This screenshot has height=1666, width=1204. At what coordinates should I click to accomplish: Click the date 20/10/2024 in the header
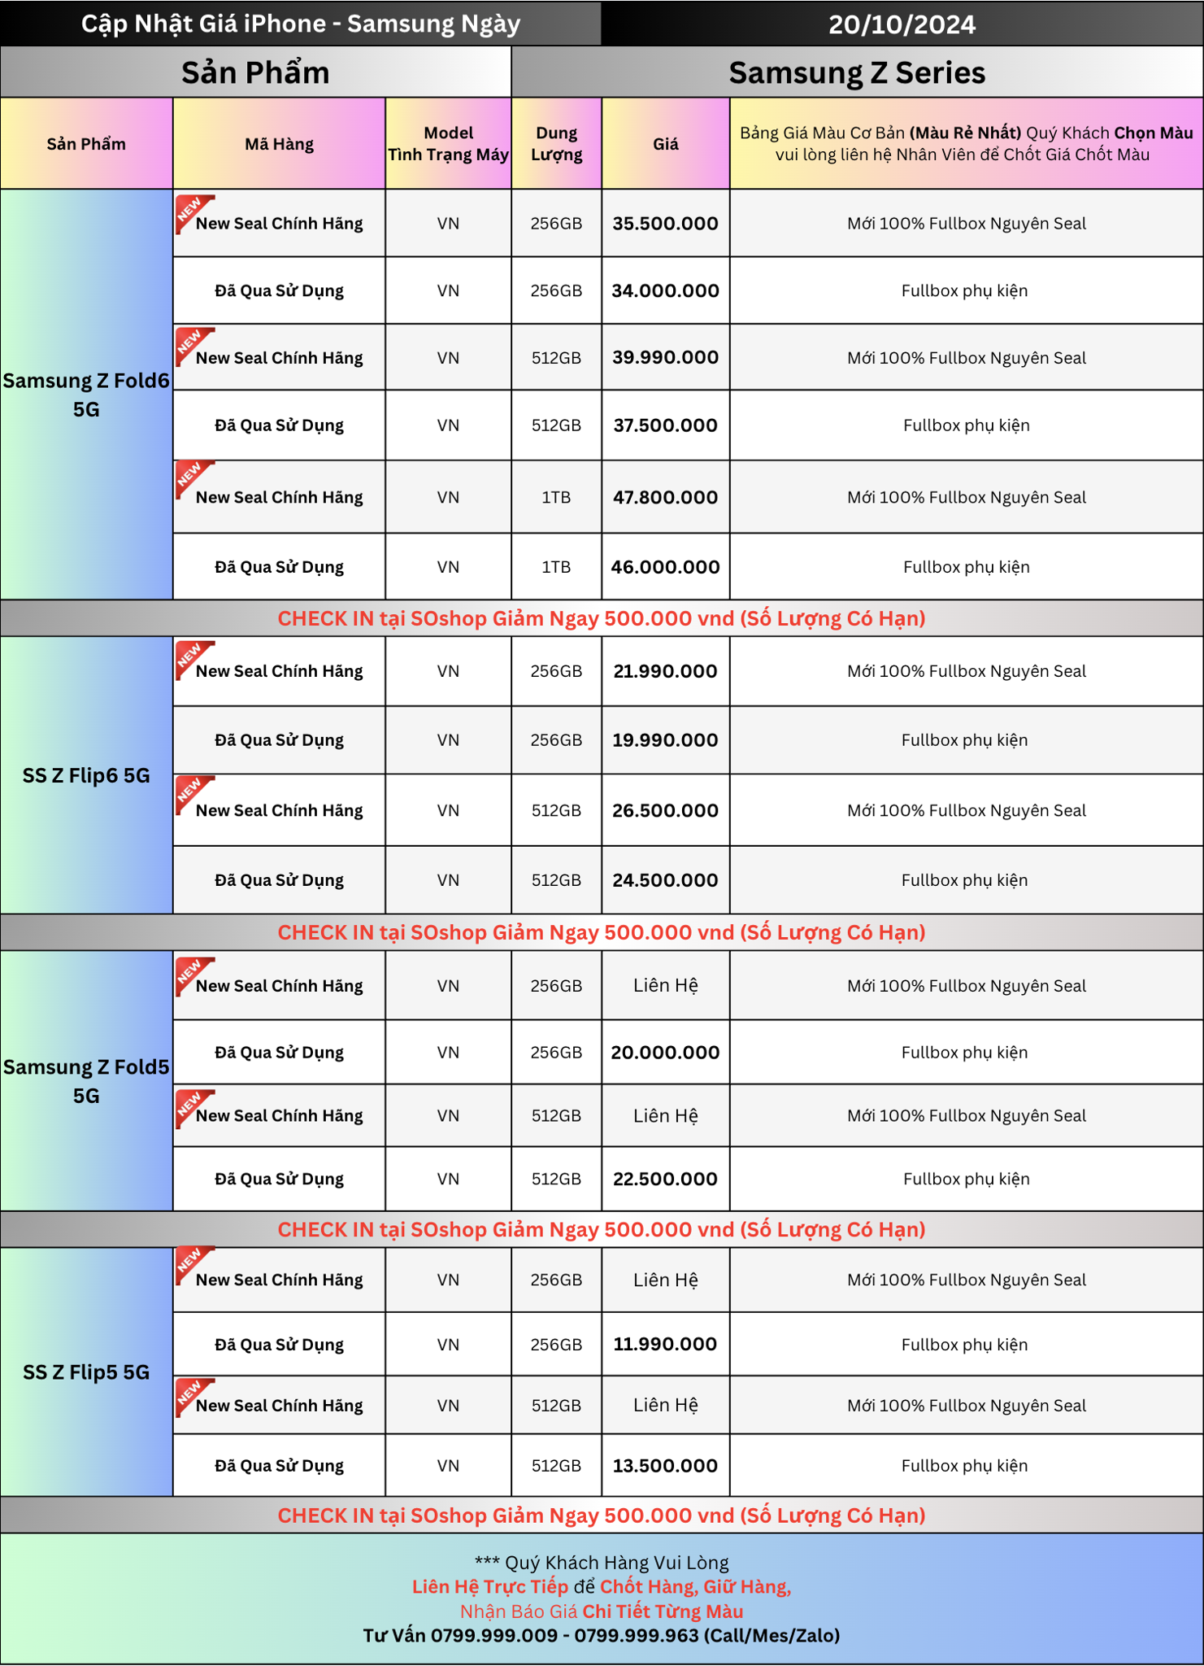[902, 24]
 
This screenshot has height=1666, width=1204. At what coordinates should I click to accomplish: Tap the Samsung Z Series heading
[857, 72]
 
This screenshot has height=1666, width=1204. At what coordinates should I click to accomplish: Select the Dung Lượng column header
[556, 144]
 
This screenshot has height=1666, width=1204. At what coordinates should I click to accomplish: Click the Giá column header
[665, 144]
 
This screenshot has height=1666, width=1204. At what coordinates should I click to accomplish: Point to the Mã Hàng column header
[279, 144]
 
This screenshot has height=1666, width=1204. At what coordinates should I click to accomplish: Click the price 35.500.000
[665, 224]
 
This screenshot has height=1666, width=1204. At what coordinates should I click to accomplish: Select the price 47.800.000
[665, 497]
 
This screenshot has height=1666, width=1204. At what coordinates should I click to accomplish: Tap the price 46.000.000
[665, 567]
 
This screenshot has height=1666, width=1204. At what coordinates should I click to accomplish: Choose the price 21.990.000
[665, 671]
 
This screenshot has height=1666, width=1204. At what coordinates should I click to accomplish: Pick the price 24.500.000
[665, 880]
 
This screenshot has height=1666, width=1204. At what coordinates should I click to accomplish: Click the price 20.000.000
[665, 1053]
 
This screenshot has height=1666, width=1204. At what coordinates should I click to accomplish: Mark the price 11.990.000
[665, 1344]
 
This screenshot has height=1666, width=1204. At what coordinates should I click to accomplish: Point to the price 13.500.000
[665, 1466]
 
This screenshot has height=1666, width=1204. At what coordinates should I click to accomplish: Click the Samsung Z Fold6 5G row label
[86, 395]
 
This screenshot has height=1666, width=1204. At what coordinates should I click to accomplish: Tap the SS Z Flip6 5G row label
[86, 775]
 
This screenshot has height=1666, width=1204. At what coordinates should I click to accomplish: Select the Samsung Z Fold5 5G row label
[86, 1081]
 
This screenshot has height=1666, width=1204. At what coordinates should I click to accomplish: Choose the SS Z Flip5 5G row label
[86, 1372]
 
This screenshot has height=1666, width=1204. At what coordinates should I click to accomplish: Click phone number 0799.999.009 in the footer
[493, 1635]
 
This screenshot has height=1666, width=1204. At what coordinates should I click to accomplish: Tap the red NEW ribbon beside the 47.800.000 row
[192, 478]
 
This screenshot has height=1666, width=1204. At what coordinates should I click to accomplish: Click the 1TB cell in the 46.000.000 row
[556, 567]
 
